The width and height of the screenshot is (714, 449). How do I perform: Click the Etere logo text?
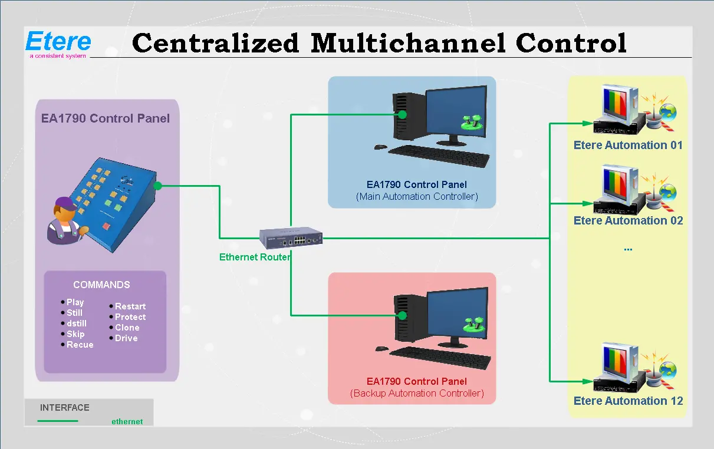[x=58, y=42]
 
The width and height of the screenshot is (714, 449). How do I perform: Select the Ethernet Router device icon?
[x=291, y=237]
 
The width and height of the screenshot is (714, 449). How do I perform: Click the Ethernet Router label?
[x=255, y=257]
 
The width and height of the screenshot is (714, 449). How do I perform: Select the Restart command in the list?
[x=130, y=306]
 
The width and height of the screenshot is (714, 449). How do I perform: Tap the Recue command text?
[x=80, y=345]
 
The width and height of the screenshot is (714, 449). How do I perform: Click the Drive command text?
[x=126, y=338]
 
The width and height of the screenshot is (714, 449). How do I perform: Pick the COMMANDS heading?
[x=101, y=285]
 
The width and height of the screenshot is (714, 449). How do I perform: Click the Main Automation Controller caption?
[x=417, y=196]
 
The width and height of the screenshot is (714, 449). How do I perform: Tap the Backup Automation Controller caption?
[x=417, y=393]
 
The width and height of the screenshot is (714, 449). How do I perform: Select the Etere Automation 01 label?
[x=628, y=145]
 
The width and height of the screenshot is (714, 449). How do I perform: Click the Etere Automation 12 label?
[x=628, y=401]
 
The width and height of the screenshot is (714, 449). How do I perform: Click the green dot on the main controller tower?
[x=402, y=115]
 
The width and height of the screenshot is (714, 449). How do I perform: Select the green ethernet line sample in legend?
[x=58, y=421]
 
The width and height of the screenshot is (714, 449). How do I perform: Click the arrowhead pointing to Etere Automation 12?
[x=587, y=381]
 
